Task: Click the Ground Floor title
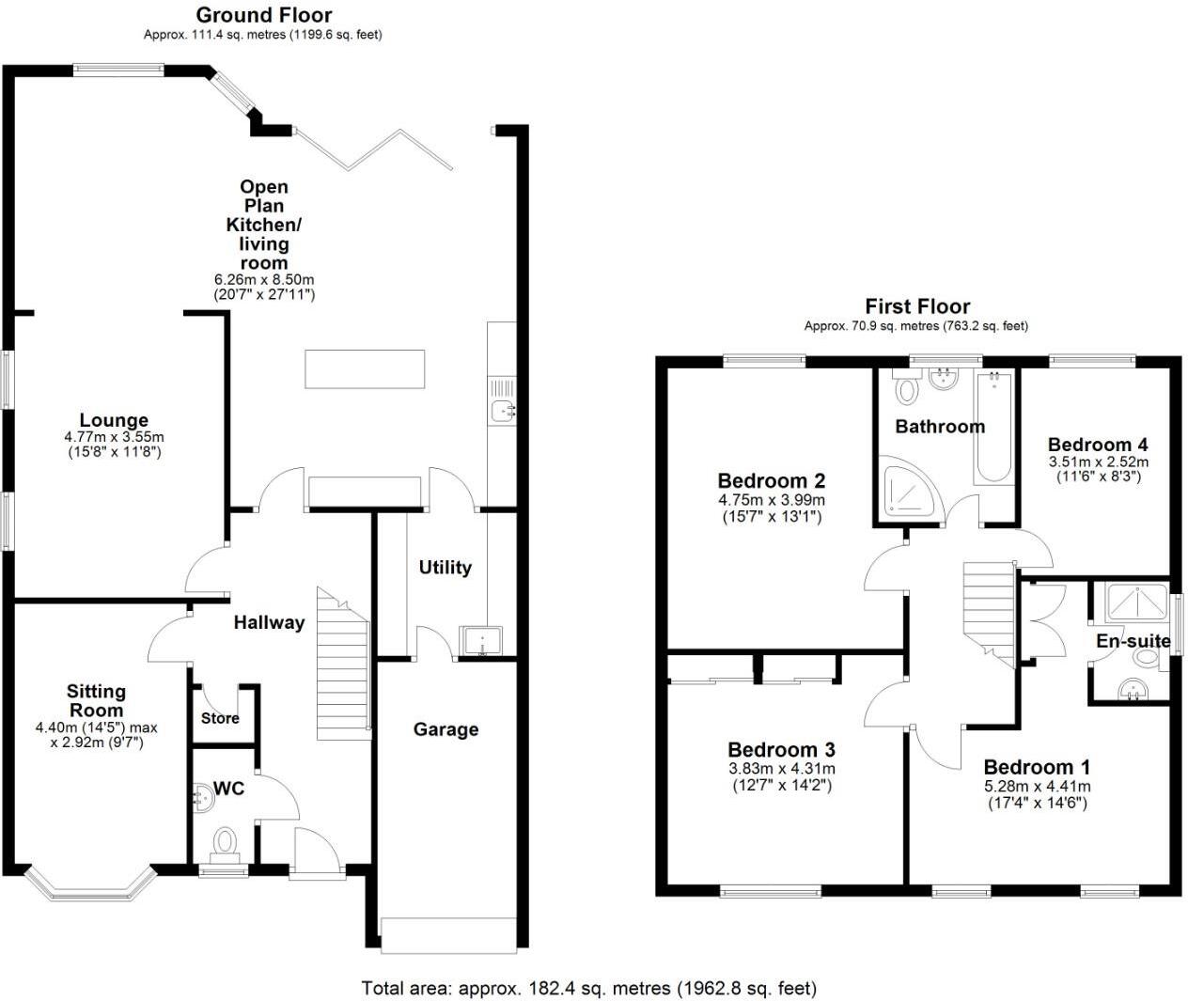(263, 15)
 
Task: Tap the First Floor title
(916, 306)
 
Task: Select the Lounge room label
(114, 421)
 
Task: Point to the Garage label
(445, 729)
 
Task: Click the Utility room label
(445, 567)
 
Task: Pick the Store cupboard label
(220, 718)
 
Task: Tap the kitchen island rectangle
(364, 368)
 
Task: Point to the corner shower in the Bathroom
(909, 487)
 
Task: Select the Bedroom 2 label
(771, 481)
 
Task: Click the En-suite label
(1133, 641)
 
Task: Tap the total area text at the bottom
(589, 988)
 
